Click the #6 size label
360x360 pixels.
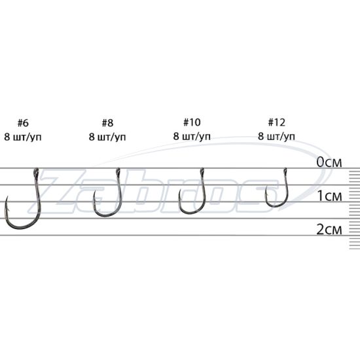tap(23, 123)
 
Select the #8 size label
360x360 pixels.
tap(107, 123)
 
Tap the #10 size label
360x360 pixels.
tap(192, 122)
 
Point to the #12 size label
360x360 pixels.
tap(277, 122)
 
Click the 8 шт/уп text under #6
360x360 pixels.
tap(23, 137)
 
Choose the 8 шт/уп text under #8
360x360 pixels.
tap(107, 137)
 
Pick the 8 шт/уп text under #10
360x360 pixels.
tap(192, 136)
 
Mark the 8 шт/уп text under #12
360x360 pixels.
tap(277, 136)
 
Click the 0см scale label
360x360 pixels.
tap(329, 162)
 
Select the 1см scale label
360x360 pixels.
tap(330, 196)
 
